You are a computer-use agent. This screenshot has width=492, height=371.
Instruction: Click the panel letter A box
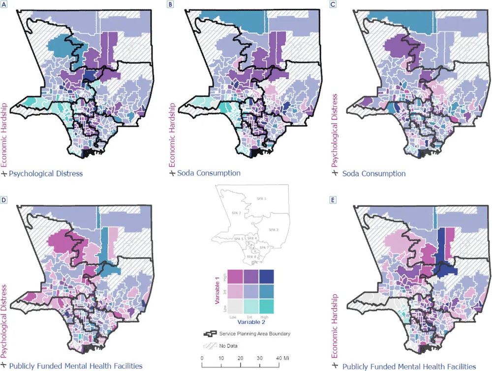[x=4, y=4]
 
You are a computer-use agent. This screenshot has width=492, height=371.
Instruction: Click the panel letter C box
[x=333, y=4]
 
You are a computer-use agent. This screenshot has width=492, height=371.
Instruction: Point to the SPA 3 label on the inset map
[x=274, y=229]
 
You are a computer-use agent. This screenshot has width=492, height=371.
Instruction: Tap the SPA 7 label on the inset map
[x=263, y=248]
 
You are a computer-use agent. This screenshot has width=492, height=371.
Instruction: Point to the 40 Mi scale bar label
[x=281, y=357]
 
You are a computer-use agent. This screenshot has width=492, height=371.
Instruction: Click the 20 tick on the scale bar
[x=241, y=357]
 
